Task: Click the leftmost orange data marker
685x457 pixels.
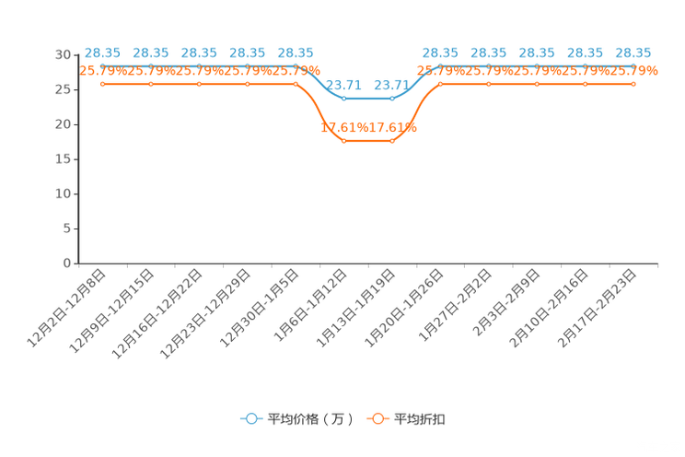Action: pyautogui.click(x=103, y=84)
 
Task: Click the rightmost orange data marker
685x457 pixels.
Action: pyautogui.click(x=633, y=84)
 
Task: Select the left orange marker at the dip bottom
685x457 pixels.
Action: pyautogui.click(x=344, y=141)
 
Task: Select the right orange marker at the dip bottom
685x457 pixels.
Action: pyautogui.click(x=392, y=141)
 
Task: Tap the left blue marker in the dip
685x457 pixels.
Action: pyautogui.click(x=344, y=98)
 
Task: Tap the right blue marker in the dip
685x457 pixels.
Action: pyautogui.click(x=392, y=98)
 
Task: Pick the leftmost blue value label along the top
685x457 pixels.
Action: pyautogui.click(x=103, y=53)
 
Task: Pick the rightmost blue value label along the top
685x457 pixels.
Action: pyautogui.click(x=633, y=53)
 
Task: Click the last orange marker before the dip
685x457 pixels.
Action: pyautogui.click(x=296, y=84)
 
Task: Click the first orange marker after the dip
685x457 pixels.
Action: pyautogui.click(x=441, y=84)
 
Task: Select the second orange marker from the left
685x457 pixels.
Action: pyautogui.click(x=151, y=84)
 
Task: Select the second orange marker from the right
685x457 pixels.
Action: pyautogui.click(x=586, y=84)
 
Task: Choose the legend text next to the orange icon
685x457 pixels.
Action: pyautogui.click(x=421, y=419)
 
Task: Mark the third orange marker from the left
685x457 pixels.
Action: pyautogui.click(x=200, y=84)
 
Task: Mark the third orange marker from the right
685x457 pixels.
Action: pyautogui.click(x=538, y=84)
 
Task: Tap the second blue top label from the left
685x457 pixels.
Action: pyautogui.click(x=151, y=53)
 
